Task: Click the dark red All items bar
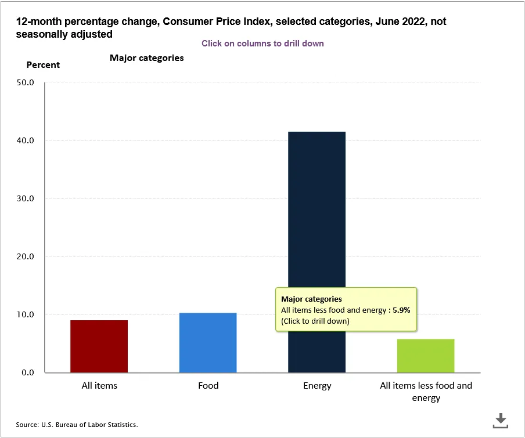coord(99,346)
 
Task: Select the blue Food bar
coord(208,343)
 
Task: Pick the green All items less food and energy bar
coord(426,356)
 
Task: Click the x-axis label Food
coord(208,386)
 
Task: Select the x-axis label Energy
coord(317,386)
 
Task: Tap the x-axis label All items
coord(99,386)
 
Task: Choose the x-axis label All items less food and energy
coord(426,392)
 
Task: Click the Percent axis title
coord(43,65)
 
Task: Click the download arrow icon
coord(501,421)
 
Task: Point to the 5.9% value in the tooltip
coord(401,310)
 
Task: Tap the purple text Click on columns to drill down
coord(262,44)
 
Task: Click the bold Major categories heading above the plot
coord(146,58)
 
